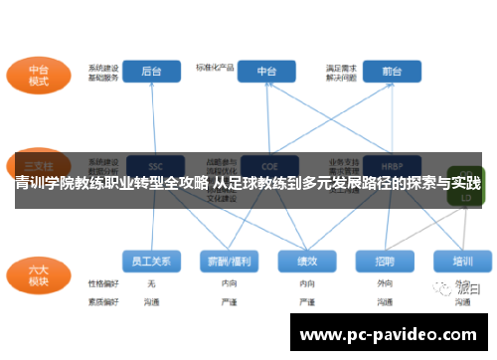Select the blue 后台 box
(x=152, y=72)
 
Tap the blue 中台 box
(x=266, y=72)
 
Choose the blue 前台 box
(x=391, y=72)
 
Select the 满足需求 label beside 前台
(x=341, y=67)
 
